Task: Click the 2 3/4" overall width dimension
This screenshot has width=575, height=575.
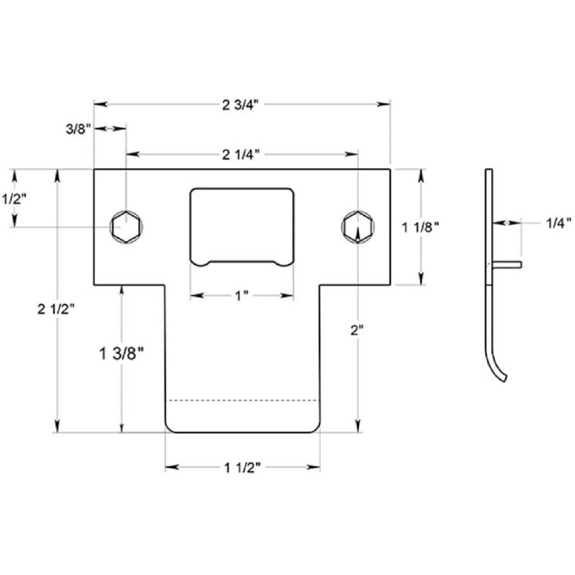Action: click(x=241, y=104)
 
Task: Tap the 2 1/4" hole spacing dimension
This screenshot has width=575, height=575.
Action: click(x=241, y=154)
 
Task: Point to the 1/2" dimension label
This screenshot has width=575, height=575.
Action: click(x=15, y=198)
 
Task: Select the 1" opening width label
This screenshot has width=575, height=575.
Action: click(x=241, y=296)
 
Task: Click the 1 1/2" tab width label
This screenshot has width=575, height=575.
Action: click(x=242, y=468)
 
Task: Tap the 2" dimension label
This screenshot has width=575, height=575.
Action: click(x=358, y=331)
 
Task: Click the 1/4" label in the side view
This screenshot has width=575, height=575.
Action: click(x=558, y=223)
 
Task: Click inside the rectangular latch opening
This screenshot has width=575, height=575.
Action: click(x=242, y=224)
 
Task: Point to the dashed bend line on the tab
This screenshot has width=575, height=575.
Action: click(x=242, y=401)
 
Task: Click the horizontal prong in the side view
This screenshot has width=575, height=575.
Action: click(x=507, y=264)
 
